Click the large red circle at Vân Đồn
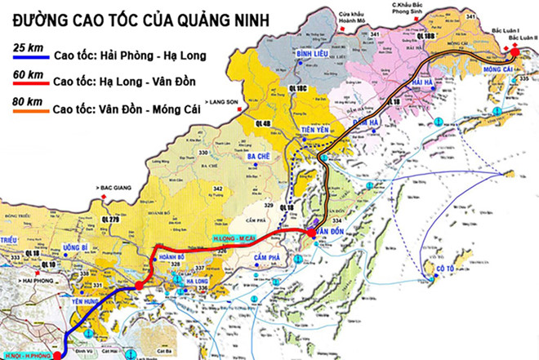tap(312, 234)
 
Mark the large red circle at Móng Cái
tap(515, 54)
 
